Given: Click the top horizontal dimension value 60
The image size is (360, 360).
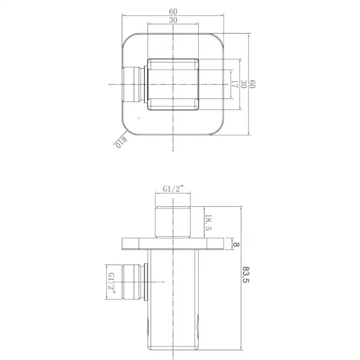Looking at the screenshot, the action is click(173, 11).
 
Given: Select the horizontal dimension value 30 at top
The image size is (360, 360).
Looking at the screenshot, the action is click(173, 20).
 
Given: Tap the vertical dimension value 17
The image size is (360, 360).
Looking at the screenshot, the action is click(234, 84).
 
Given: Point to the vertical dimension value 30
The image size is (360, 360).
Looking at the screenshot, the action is click(244, 84).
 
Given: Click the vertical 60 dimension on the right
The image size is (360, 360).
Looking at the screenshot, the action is click(252, 84).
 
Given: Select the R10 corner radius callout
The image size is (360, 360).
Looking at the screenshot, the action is click(121, 142).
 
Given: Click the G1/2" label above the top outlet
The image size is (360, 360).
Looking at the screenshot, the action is click(174, 189).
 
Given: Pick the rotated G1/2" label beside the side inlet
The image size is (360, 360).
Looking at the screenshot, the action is click(112, 284).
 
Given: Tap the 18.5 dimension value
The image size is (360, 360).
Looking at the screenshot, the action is click(208, 222).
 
